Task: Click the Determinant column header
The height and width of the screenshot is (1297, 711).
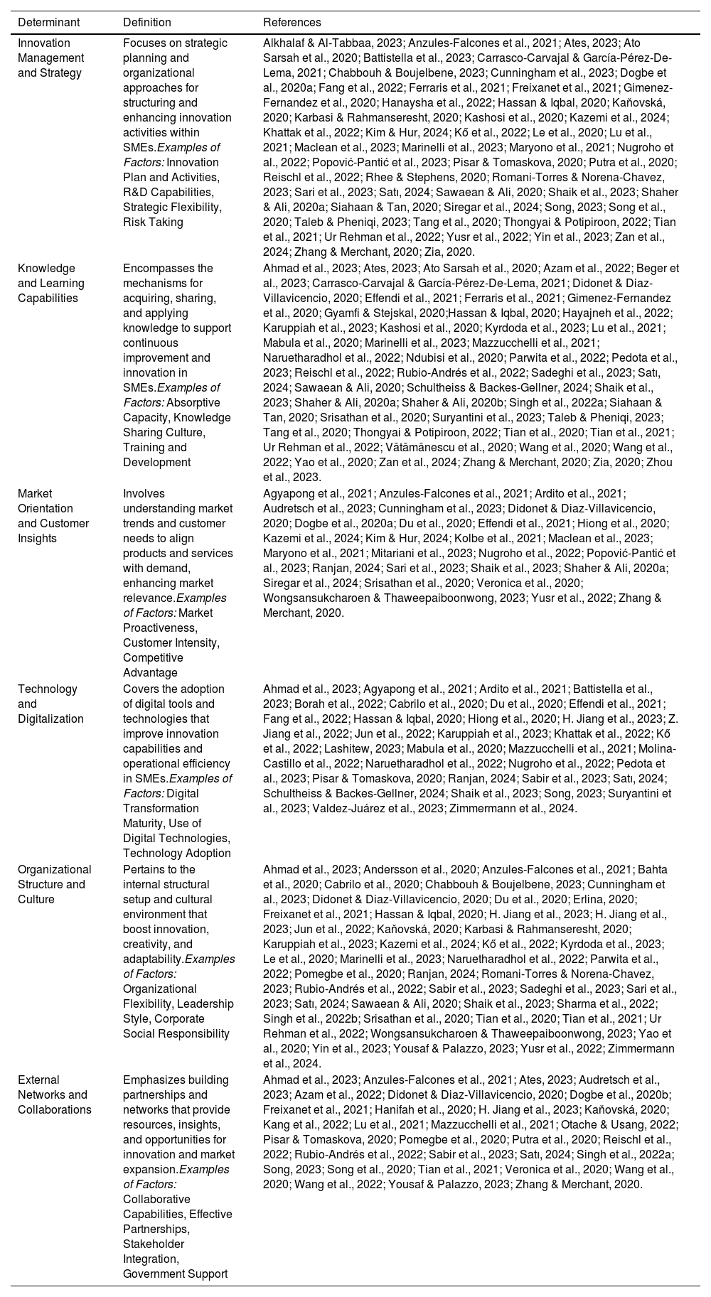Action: [x=48, y=23]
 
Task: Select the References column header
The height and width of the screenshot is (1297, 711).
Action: [x=292, y=23]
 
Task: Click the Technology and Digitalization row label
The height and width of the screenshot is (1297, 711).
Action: [x=50, y=704]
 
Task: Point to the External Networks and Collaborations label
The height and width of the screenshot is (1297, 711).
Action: [x=54, y=1094]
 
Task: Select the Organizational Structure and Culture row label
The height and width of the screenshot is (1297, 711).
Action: [x=54, y=884]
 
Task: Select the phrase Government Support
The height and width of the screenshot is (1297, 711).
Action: [x=175, y=1274]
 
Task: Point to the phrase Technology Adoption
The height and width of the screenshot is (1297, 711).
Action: [x=176, y=853]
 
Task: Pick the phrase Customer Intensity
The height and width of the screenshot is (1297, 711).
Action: [x=171, y=642]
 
